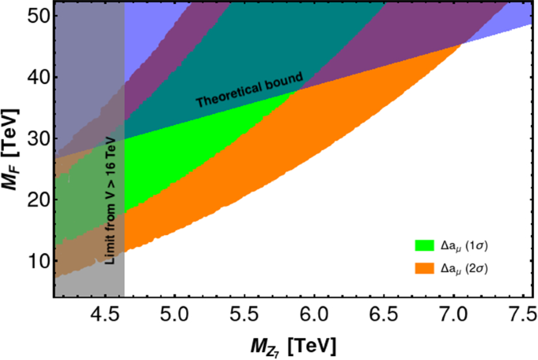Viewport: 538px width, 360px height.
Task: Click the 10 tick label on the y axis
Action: click(x=38, y=261)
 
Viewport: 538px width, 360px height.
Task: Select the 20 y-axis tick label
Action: click(x=38, y=200)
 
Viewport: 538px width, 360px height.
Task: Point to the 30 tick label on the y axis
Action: click(x=38, y=138)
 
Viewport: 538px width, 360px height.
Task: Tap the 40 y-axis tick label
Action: click(x=38, y=77)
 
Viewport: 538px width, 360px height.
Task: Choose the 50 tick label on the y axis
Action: click(x=38, y=17)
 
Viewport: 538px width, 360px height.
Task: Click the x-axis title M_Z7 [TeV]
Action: click(x=289, y=344)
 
